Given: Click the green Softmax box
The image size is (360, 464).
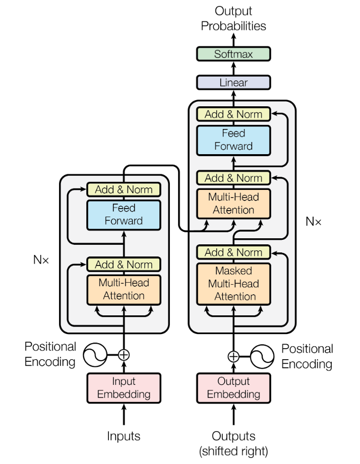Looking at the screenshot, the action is pyautogui.click(x=233, y=54).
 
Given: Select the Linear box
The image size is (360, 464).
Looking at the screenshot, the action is pyautogui.click(x=233, y=82).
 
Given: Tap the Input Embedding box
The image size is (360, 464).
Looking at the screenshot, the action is pyautogui.click(x=124, y=388).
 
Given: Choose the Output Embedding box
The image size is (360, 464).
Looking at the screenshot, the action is pyautogui.click(x=233, y=388).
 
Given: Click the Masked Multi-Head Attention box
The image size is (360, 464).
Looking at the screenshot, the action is pyautogui.click(x=233, y=284).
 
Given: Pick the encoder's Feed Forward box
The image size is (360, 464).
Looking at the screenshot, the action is pyautogui.click(x=124, y=215).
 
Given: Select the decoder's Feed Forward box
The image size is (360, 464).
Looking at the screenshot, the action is pyautogui.click(x=233, y=140).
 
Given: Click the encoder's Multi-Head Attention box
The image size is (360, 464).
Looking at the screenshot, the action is pyautogui.click(x=124, y=290).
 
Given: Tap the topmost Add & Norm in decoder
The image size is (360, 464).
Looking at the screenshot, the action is pyautogui.click(x=233, y=114).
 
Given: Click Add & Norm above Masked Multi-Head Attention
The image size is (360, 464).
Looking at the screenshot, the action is pyautogui.click(x=233, y=252).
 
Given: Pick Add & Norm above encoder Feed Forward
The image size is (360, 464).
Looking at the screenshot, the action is pyautogui.click(x=124, y=189).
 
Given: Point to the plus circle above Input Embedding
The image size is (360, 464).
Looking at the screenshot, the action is pyautogui.click(x=124, y=355).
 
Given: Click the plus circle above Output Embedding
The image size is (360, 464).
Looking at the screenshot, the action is pyautogui.click(x=233, y=356).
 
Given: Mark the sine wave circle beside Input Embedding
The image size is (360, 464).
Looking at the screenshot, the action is pyautogui.click(x=95, y=355).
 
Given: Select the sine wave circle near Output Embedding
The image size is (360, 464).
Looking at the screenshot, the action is pyautogui.click(x=262, y=356).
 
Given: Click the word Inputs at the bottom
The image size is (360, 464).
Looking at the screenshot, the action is pyautogui.click(x=124, y=436).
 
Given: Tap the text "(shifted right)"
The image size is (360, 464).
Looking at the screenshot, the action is pyautogui.click(x=233, y=451).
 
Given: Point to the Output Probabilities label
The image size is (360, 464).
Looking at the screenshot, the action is pyautogui.click(x=233, y=18).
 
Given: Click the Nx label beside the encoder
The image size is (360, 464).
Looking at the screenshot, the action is pyautogui.click(x=41, y=260).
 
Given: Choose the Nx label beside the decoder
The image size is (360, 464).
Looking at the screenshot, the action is pyautogui.click(x=313, y=221).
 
